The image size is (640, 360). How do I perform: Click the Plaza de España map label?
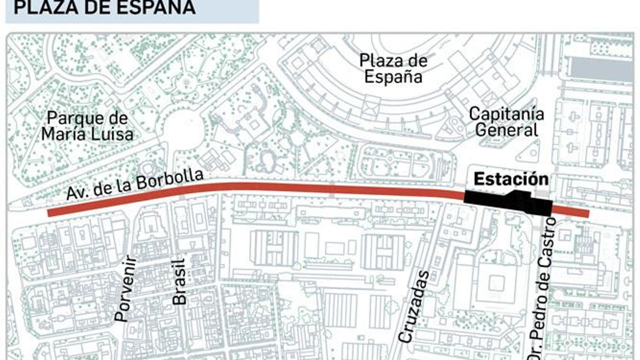(x=393, y=68)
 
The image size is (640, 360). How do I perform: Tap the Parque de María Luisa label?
(x=87, y=126)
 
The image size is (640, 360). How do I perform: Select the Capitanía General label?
(x=506, y=122)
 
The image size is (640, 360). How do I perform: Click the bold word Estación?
(x=511, y=179)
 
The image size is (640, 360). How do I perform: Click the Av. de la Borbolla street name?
(x=135, y=184)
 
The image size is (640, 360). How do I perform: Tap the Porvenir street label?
(x=126, y=289)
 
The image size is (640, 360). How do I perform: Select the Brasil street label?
(x=180, y=282)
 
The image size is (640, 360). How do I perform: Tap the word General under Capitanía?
(x=506, y=130)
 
